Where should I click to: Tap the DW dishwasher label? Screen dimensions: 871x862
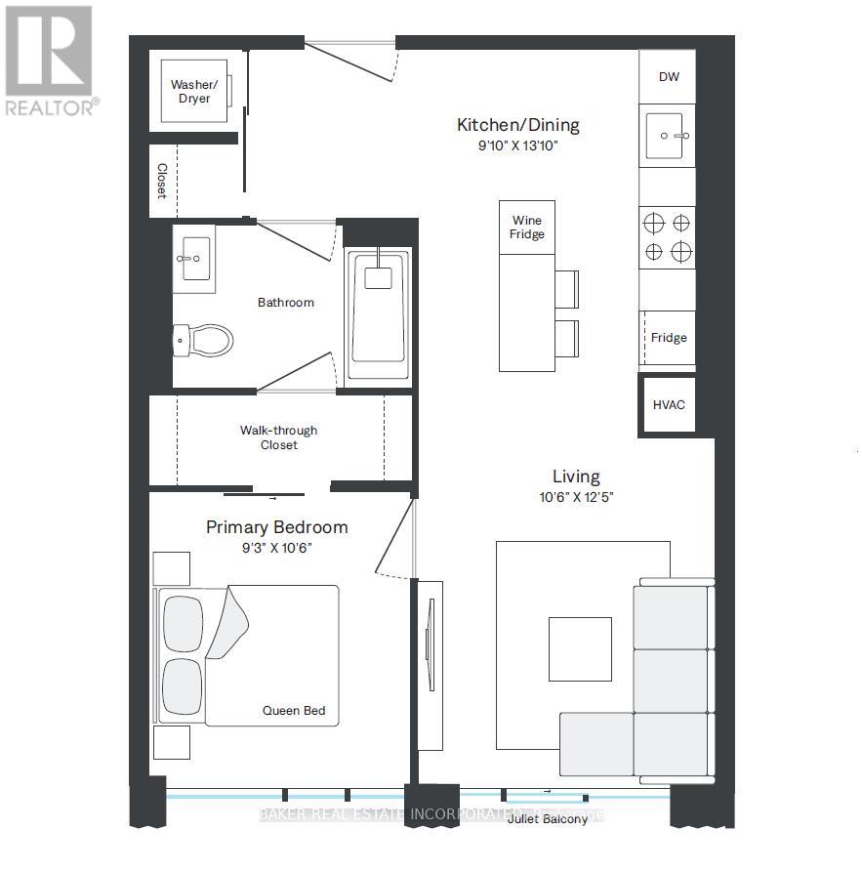[x=669, y=77]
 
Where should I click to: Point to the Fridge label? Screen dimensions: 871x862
[x=669, y=338]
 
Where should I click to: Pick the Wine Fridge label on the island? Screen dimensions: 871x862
[x=527, y=228]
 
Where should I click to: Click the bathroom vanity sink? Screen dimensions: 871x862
[x=194, y=258]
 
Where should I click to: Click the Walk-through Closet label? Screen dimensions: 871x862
[x=278, y=437]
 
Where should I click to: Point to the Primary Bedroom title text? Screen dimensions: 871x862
[x=276, y=527]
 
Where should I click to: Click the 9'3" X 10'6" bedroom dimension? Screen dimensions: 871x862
[x=276, y=548]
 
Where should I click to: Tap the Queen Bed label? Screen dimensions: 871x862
[x=293, y=711]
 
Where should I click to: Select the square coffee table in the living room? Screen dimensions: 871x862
[x=580, y=648]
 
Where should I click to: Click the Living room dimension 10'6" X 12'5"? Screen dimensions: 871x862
[x=576, y=496]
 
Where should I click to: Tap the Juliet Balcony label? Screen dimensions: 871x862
[x=548, y=819]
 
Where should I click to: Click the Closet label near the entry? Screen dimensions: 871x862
[x=162, y=181]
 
